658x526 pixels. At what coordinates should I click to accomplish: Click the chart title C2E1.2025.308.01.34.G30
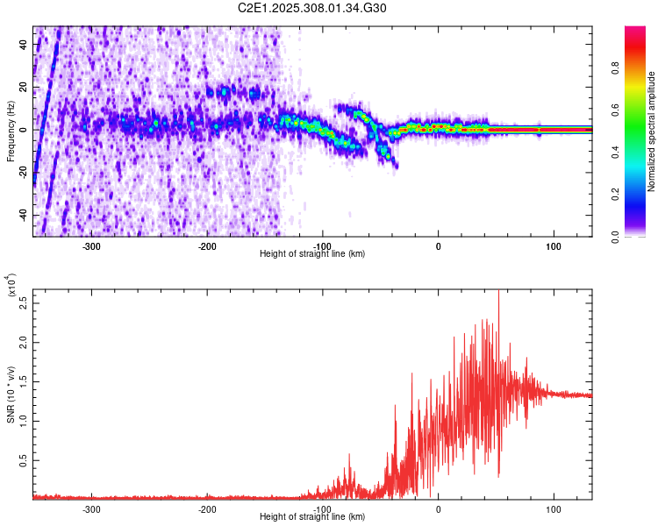click(x=312, y=8)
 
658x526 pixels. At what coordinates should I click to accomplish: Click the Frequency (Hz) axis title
click(x=11, y=131)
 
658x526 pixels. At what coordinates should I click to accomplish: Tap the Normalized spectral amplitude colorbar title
click(x=652, y=131)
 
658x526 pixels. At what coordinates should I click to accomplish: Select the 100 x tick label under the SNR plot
click(x=554, y=508)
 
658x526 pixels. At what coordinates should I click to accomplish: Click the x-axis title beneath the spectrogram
click(x=312, y=254)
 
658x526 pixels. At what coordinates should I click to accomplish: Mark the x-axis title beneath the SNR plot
click(x=312, y=516)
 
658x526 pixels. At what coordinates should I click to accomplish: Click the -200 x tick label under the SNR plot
click(x=207, y=508)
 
